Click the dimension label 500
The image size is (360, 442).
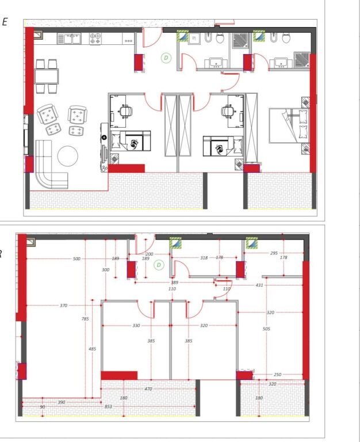click(x=76, y=259)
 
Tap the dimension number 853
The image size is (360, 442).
click(x=109, y=407)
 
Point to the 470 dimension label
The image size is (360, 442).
click(x=148, y=390)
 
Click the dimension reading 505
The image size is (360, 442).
click(x=266, y=329)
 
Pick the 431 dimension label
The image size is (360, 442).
click(x=259, y=285)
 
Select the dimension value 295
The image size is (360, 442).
click(x=274, y=253)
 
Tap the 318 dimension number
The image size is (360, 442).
click(x=204, y=258)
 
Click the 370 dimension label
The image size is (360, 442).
click(x=63, y=305)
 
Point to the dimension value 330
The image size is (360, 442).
click(x=136, y=326)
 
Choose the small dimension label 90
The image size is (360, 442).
click(x=41, y=407)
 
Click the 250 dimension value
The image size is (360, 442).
click(x=278, y=375)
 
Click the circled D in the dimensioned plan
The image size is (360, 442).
click(x=159, y=265)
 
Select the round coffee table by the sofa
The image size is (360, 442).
click(x=68, y=156)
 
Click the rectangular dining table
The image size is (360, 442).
click(x=47, y=76)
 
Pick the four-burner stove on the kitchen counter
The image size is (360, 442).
click(x=95, y=39)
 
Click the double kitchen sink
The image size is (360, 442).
click(x=72, y=39)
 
